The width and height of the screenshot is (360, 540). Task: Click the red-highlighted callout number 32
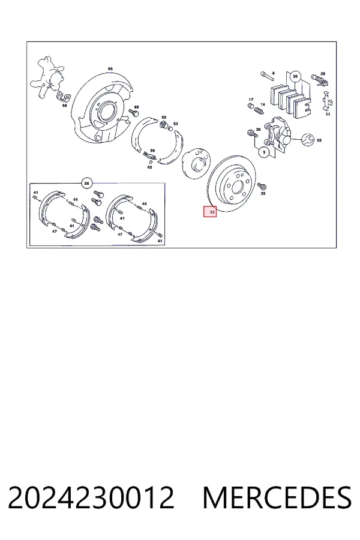click(210, 212)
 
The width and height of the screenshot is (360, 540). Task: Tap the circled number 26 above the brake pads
click(295, 76)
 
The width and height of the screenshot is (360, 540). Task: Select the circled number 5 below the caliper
click(264, 152)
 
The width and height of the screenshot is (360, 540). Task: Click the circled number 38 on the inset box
click(86, 183)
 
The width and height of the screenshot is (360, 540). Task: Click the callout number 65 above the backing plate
click(110, 69)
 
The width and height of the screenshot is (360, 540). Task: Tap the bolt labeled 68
click(134, 113)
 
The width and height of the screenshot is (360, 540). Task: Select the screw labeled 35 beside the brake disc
click(262, 187)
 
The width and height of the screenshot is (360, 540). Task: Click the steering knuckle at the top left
click(47, 77)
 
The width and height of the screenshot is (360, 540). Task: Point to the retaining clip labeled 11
click(327, 101)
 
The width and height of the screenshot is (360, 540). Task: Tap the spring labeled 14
click(259, 110)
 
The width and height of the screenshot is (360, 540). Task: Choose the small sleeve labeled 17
click(251, 106)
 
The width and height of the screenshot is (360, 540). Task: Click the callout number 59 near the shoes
click(152, 151)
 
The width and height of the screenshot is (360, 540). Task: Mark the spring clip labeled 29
click(320, 80)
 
